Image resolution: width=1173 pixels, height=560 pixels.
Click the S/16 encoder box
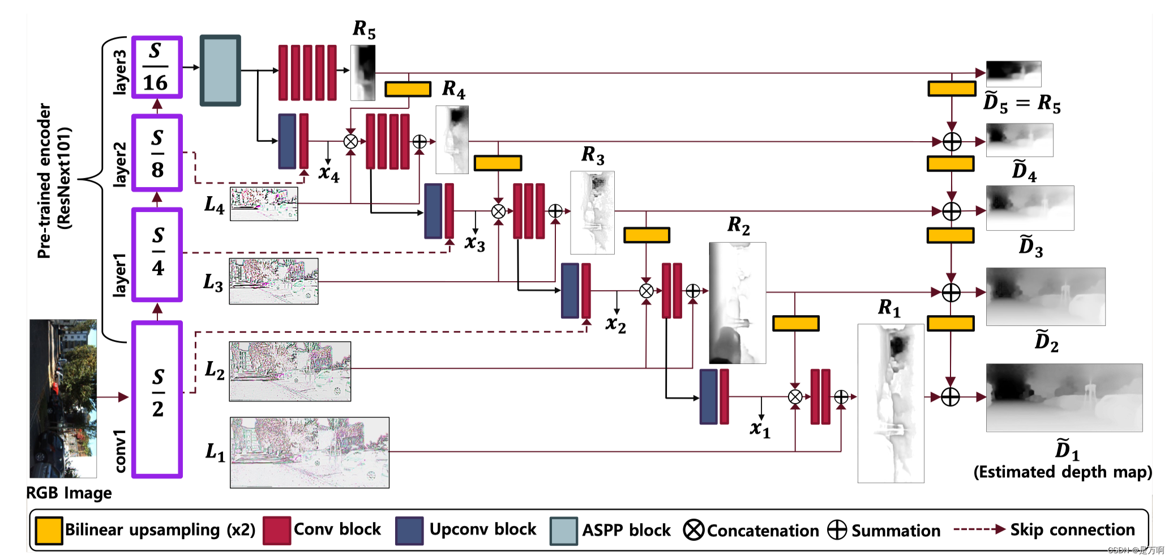point(157,67)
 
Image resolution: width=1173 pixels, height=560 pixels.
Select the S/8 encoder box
point(157,153)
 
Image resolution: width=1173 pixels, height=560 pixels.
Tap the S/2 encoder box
point(157,399)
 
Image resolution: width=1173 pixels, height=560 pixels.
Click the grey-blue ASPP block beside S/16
point(220,70)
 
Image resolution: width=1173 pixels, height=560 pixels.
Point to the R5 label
point(363,29)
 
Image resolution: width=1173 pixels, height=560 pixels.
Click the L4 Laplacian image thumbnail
point(264,203)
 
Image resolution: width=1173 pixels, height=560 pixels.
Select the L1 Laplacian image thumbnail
point(310,452)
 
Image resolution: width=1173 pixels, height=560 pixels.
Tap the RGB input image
point(63,398)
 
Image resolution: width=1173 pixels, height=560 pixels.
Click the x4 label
point(328,173)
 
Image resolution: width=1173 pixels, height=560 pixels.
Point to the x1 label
point(760,429)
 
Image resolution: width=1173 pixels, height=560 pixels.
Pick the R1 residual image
point(891,403)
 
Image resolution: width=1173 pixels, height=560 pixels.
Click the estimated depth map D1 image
point(1064,398)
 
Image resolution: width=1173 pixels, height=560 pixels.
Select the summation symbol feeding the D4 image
point(952,142)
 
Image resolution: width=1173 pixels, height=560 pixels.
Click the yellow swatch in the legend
point(49,531)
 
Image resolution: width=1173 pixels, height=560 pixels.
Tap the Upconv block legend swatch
point(409,531)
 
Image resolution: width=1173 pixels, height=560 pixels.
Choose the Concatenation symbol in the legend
point(693,530)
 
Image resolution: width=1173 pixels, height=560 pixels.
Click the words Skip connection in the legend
point(1072,530)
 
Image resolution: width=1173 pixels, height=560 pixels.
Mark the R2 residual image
point(737,303)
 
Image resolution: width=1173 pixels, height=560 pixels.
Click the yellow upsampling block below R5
point(408,89)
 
